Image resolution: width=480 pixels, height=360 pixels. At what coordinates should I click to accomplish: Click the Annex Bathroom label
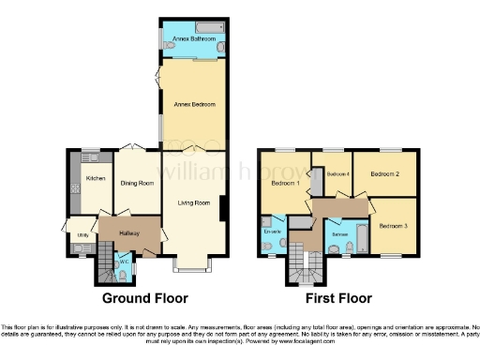[x=191, y=37]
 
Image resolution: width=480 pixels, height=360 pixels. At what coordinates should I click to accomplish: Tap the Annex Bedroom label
[x=192, y=104]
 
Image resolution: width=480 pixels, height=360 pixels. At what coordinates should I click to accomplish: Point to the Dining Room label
[x=138, y=183]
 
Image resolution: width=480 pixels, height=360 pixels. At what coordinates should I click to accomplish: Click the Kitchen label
[x=95, y=178]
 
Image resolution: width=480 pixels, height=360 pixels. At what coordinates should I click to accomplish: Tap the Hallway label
[x=117, y=229]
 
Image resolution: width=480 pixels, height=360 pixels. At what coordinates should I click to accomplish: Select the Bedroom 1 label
[x=285, y=183]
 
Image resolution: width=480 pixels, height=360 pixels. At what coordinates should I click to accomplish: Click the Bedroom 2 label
[x=385, y=174]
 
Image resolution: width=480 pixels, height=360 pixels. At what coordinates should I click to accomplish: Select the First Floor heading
[x=339, y=298]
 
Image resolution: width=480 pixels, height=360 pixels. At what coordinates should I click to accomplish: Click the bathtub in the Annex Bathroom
[x=191, y=23]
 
